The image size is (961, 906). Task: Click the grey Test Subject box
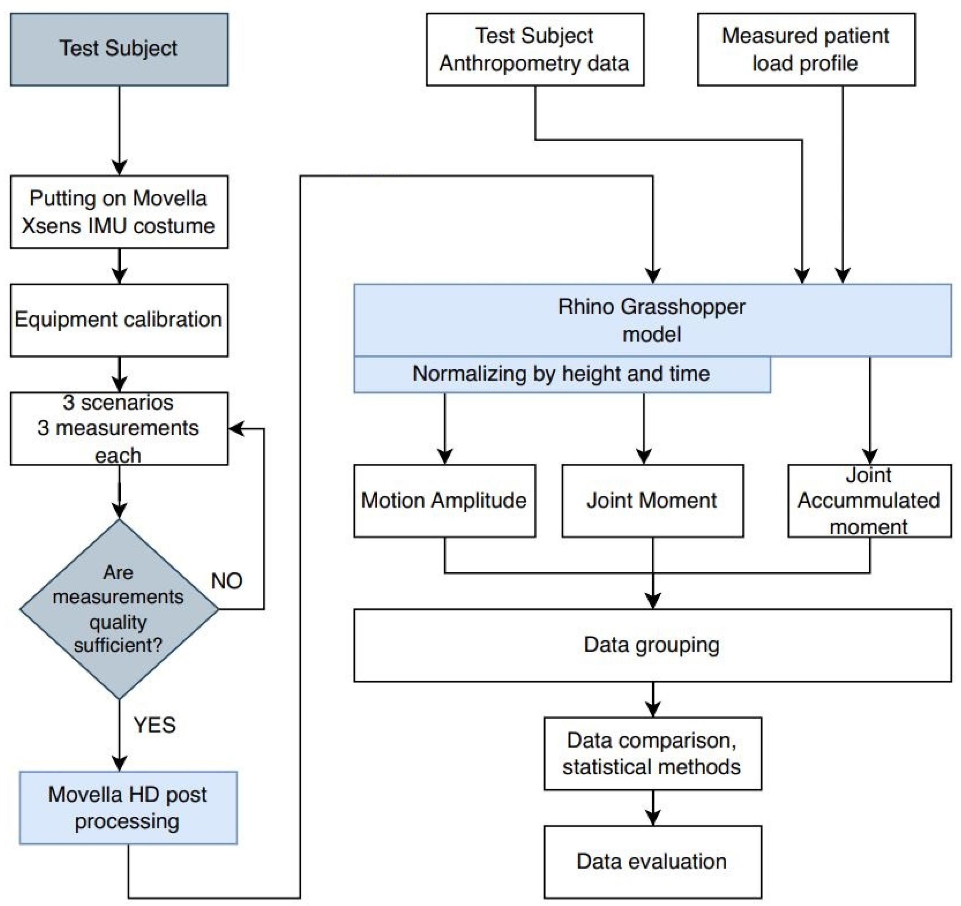click(120, 49)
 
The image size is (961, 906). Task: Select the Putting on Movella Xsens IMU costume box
click(120, 212)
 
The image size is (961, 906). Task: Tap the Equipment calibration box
click(120, 320)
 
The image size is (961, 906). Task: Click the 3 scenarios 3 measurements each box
click(120, 428)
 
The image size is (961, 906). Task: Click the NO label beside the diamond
click(227, 581)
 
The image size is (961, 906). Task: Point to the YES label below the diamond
click(155, 725)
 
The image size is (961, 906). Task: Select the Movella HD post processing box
click(128, 808)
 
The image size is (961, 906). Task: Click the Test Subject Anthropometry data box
click(535, 49)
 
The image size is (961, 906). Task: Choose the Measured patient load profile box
click(806, 49)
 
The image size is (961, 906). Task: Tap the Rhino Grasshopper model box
click(652, 320)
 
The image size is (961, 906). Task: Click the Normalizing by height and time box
click(562, 374)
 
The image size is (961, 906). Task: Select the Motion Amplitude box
click(445, 501)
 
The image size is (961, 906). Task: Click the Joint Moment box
click(652, 501)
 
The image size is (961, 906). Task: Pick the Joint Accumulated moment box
click(870, 501)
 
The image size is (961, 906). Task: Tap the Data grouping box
click(652, 645)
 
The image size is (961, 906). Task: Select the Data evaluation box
click(652, 862)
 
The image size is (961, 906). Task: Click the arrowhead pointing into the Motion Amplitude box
click(445, 457)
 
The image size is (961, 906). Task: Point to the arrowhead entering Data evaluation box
click(652, 818)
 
